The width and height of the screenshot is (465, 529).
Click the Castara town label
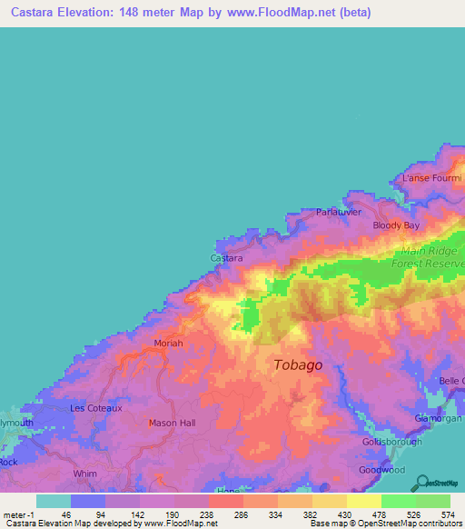[x=226, y=258]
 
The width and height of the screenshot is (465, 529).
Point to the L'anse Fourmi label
[x=430, y=178]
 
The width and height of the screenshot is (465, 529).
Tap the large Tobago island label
[x=297, y=364]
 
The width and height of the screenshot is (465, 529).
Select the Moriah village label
[x=167, y=344]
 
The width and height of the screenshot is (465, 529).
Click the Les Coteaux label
[x=96, y=408]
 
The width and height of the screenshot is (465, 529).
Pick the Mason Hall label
[x=172, y=423]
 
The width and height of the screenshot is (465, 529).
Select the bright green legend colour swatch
[x=399, y=501]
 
